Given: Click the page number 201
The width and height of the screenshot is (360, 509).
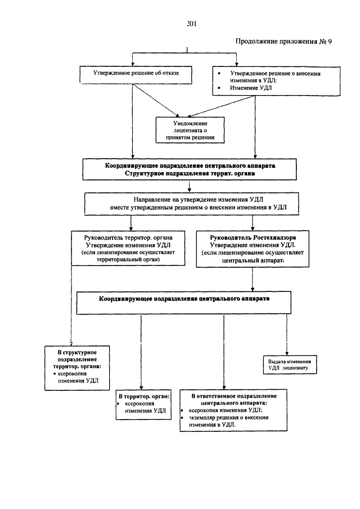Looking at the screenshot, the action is [191, 24].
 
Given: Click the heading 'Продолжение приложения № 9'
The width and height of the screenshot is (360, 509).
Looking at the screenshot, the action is [283, 41].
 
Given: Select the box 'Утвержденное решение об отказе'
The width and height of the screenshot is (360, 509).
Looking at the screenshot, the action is [136, 75].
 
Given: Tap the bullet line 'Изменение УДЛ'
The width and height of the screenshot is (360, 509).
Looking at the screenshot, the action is [251, 88].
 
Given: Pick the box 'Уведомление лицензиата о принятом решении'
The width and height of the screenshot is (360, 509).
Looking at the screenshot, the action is [190, 130].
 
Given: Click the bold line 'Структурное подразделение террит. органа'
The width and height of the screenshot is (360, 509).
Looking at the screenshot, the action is [190, 173].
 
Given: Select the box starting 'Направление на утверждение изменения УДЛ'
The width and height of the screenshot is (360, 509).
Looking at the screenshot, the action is [191, 204].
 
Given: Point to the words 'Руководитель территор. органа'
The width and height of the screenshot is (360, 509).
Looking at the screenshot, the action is [128, 237].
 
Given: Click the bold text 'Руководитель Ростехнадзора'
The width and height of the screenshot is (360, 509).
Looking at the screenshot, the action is [253, 237].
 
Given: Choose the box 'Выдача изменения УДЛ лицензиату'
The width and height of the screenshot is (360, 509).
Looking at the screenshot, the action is [290, 364].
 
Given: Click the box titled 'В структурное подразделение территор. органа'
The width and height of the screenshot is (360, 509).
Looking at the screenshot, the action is [77, 368].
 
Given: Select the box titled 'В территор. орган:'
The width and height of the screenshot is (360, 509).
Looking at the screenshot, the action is [143, 404].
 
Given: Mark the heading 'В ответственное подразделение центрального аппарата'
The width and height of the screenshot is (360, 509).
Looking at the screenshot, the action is [234, 399].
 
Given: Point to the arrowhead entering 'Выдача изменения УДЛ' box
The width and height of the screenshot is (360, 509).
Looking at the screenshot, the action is [287, 353].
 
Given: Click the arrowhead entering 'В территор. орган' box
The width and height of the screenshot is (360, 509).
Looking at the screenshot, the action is [141, 388].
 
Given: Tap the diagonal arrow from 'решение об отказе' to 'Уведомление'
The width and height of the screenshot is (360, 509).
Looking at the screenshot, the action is [155, 100].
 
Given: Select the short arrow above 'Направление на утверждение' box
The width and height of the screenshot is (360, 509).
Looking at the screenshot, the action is [190, 186].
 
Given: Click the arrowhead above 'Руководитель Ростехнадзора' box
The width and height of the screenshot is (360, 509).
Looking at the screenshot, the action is [253, 228].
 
